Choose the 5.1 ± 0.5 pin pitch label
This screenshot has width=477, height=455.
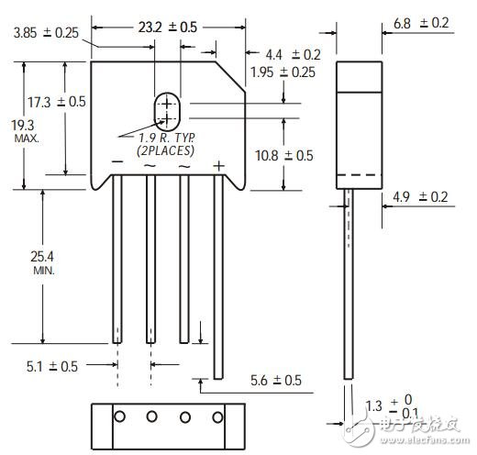[x=52, y=366]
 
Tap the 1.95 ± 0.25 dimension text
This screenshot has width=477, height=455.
[x=283, y=72]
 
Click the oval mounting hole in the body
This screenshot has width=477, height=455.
[x=166, y=112]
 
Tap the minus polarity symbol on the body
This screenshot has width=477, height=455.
[x=116, y=163]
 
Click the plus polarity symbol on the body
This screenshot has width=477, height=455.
[x=218, y=164]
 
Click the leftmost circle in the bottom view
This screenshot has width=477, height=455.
[x=118, y=416]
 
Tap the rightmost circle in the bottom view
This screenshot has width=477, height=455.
[x=218, y=416]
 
